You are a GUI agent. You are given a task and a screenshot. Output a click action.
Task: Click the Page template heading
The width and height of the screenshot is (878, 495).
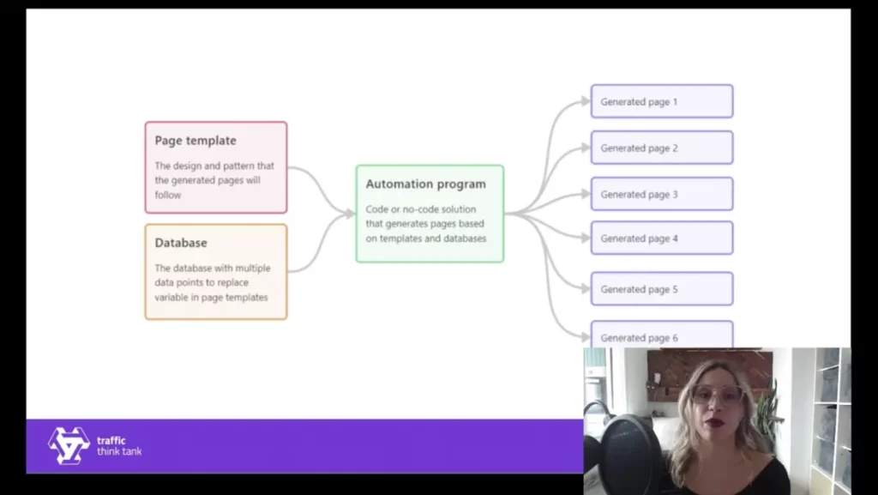point(195,141)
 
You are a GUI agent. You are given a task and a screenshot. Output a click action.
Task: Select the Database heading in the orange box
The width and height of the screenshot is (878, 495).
point(181,243)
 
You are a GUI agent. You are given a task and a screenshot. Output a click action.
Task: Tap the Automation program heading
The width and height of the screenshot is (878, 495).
point(425,184)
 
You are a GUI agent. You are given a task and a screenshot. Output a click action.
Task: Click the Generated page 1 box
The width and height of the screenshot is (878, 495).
point(661,101)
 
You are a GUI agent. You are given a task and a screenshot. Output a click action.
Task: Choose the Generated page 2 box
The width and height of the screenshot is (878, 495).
point(661,148)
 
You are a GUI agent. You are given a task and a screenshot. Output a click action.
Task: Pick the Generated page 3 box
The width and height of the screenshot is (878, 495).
point(661,194)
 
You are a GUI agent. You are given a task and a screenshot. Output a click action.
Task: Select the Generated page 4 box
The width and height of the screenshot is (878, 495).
point(661,238)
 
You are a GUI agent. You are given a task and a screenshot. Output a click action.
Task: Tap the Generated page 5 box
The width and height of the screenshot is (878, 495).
point(661,289)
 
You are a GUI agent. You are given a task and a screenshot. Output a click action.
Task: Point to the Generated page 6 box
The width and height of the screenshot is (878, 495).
point(661,335)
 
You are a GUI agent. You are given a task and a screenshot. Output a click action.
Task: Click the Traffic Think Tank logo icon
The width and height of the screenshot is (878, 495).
point(69,445)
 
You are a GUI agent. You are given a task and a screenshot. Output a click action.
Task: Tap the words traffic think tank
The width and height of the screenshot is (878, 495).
point(119,446)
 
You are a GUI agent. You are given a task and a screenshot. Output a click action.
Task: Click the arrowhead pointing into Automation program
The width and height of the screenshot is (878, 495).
point(350,214)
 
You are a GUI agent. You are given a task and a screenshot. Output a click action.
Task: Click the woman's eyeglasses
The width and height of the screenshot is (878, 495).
point(716,395)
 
